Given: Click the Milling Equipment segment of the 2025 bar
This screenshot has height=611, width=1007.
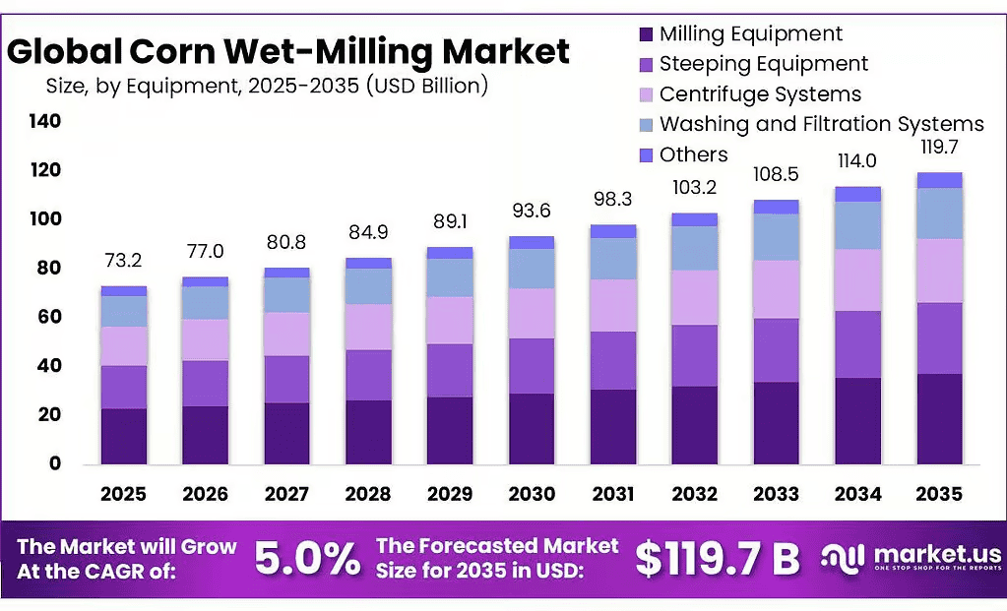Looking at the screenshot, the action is [124, 437].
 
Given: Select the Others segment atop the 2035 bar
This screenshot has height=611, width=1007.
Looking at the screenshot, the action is [939, 180].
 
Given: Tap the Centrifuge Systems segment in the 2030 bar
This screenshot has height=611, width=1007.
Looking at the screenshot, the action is [532, 314].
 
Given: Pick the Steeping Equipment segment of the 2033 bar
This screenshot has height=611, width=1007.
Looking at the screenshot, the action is [777, 350].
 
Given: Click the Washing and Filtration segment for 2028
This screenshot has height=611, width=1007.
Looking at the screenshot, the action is [368, 286].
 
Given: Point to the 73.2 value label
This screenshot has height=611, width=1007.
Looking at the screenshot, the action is [123, 261].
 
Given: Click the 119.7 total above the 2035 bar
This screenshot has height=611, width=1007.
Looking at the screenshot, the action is [939, 147].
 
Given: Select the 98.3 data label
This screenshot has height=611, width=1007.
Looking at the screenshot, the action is [612, 199].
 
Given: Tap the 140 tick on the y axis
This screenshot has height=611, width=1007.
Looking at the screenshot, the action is [45, 121].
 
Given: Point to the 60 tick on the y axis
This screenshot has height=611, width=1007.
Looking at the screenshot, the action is [49, 317].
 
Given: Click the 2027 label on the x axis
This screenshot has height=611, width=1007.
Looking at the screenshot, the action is [286, 494].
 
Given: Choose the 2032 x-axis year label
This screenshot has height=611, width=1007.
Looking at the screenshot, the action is [695, 494].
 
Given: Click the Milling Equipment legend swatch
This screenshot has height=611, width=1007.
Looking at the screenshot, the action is [646, 34].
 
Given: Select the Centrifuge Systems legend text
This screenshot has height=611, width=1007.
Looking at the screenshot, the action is [760, 94].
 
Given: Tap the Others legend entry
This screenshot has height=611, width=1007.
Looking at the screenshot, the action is [684, 154].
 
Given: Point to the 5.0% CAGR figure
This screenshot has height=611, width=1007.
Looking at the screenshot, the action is [308, 559].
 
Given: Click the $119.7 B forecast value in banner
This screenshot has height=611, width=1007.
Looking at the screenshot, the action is [718, 559].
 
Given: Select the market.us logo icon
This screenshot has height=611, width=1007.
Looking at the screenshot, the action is [843, 558].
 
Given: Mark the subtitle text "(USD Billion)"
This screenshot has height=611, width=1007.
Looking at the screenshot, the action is [427, 86].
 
